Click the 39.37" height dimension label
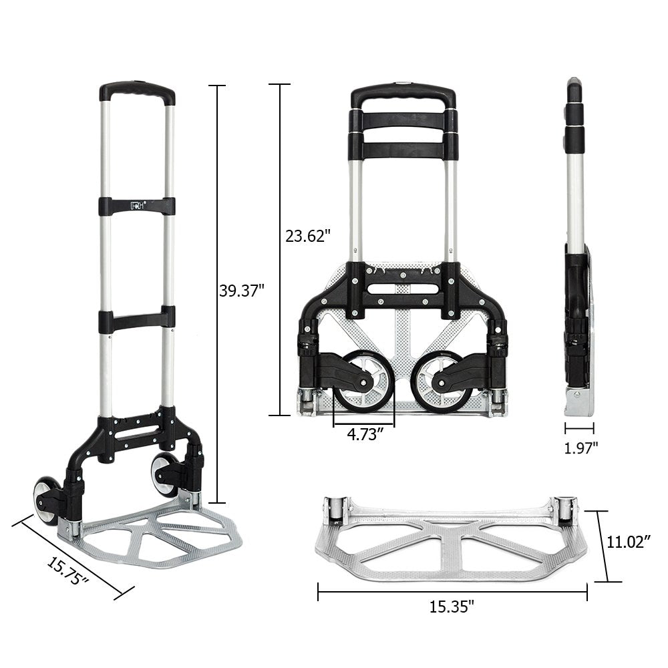click(242, 290)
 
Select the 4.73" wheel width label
click(364, 435)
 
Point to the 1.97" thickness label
click(579, 448)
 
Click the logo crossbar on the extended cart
click(137, 206)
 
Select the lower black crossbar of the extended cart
click(137, 320)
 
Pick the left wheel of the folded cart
click(364, 384)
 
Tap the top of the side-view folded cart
click(575, 90)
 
